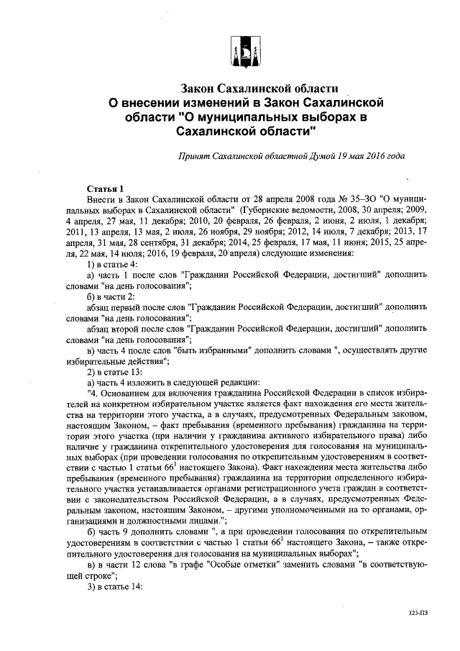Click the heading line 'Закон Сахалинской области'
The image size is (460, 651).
coord(259,88)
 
